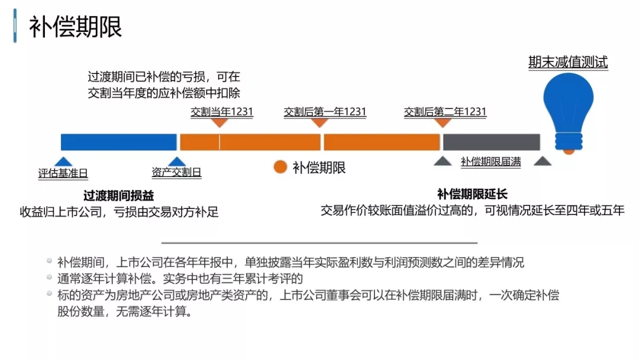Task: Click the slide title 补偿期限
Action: tap(76, 27)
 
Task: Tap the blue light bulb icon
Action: tap(568, 107)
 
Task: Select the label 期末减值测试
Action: tap(568, 62)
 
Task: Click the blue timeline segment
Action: tap(118, 142)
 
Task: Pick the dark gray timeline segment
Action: tap(491, 142)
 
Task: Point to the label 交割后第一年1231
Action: tap(325, 112)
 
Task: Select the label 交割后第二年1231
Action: tap(445, 112)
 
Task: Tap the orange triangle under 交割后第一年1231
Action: tap(319, 123)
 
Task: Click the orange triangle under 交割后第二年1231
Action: tap(443, 123)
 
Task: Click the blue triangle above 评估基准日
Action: tap(63, 162)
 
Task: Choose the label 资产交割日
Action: tap(176, 173)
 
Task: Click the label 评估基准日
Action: tap(63, 173)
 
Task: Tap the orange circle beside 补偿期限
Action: tap(280, 168)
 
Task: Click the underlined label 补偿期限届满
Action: tap(490, 162)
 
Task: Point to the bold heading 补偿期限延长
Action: tap(472, 194)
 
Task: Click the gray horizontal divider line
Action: tap(319, 243)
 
